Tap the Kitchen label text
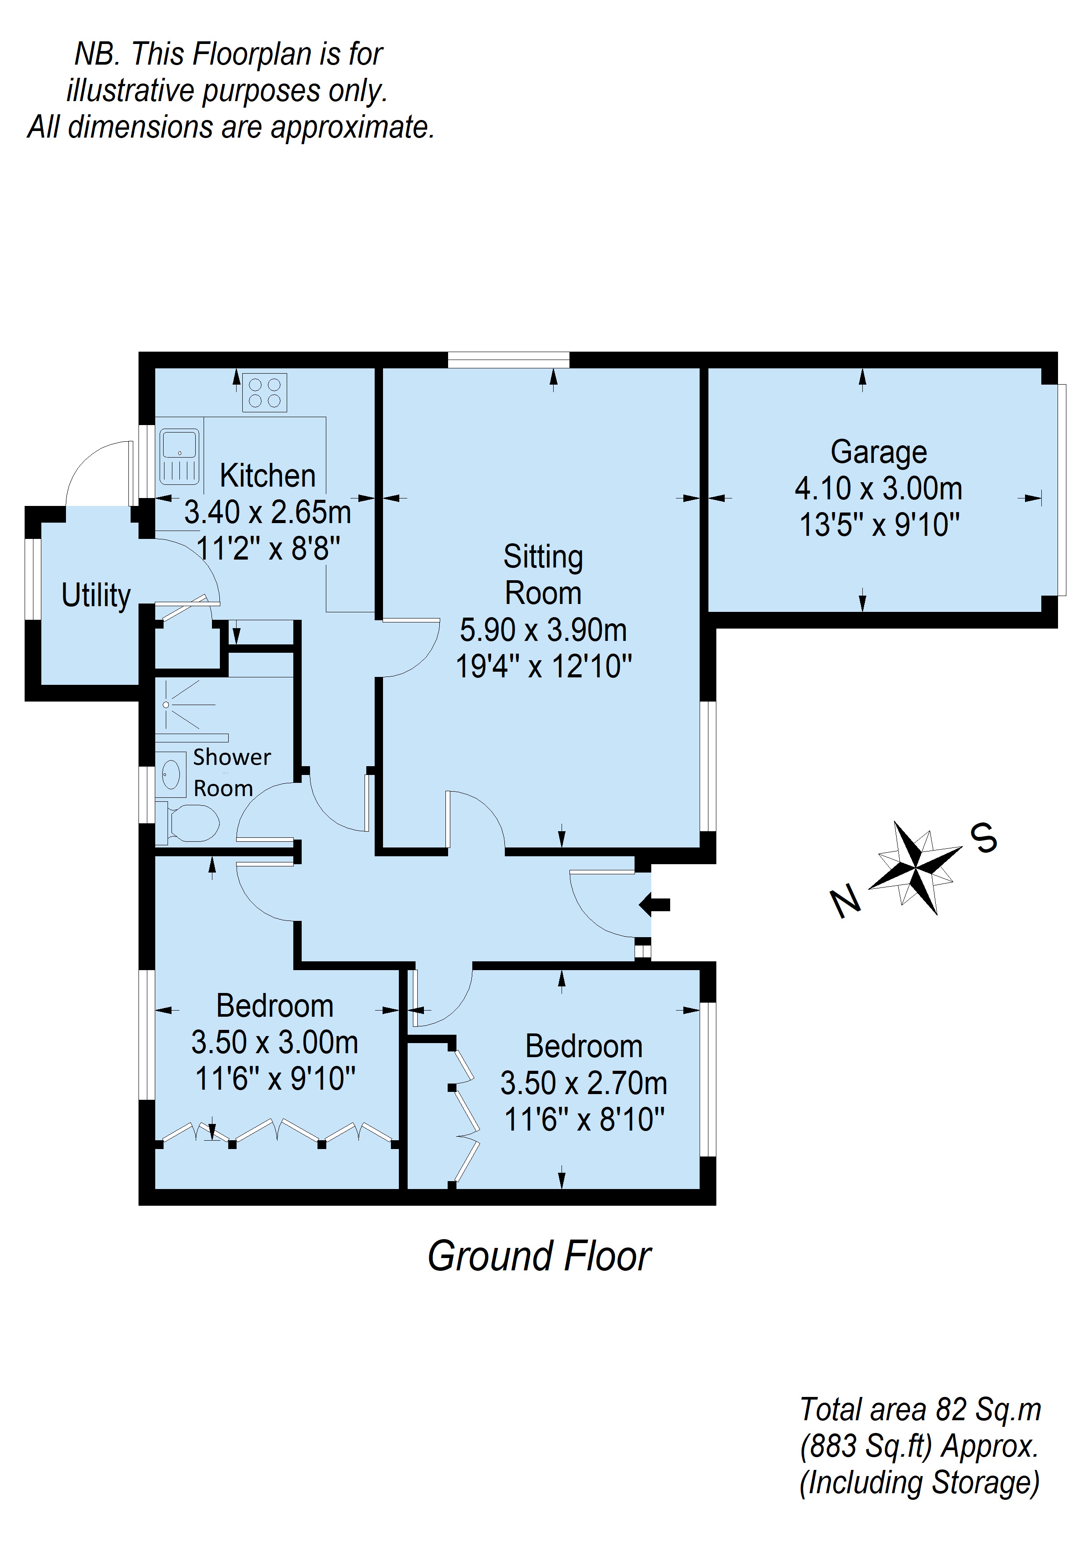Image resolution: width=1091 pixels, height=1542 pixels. tap(267, 476)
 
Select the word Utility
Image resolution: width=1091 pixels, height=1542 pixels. tap(96, 596)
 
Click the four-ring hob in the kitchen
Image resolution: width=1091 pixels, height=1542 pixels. tap(265, 392)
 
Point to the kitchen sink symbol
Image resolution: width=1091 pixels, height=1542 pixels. tap(179, 457)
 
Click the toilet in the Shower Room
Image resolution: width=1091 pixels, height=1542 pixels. tap(188, 823)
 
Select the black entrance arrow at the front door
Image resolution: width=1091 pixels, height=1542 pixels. tap(654, 905)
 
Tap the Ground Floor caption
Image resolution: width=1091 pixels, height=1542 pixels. tap(540, 1257)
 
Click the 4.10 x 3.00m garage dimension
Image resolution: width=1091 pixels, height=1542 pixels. tap(879, 488)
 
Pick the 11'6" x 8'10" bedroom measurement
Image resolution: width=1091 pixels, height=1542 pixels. tap(584, 1120)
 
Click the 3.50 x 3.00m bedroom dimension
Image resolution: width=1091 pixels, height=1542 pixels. tap(275, 1042)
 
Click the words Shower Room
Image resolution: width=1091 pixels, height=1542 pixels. tap(232, 772)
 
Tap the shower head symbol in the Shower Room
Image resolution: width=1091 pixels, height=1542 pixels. tap(166, 705)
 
